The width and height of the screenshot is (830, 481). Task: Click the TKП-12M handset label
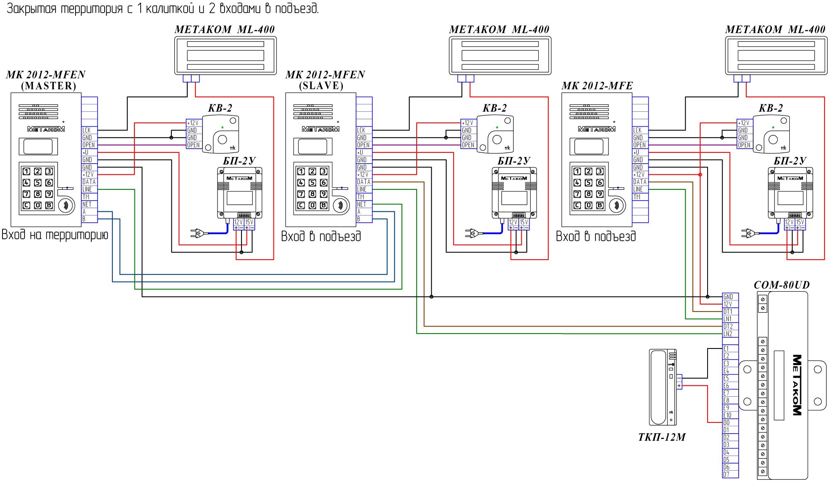coord(662,437)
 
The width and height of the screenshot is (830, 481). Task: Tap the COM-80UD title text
coord(781,285)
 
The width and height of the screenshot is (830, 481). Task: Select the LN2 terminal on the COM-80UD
coord(730,334)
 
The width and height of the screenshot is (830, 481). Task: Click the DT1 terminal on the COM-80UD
coord(730,312)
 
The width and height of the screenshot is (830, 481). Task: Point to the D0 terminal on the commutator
coord(730,423)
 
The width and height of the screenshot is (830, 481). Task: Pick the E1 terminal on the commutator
coord(730,349)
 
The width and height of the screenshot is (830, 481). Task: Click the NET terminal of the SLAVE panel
coord(364,204)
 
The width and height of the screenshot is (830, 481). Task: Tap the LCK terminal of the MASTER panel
coord(89,130)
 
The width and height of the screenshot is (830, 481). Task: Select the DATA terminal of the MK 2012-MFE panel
coord(640,182)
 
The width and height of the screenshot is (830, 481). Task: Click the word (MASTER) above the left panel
coord(49,86)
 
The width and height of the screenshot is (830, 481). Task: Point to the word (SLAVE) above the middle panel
coord(321,86)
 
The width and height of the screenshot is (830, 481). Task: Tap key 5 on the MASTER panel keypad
coord(38,182)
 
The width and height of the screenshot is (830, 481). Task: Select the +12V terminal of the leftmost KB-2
coord(193,123)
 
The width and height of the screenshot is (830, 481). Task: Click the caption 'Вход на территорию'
coord(55,235)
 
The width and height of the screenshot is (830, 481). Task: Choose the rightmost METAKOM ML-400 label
coord(775,29)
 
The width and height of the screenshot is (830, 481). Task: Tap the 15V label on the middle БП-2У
coord(524,222)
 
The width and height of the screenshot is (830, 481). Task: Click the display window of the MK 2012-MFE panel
coord(589,147)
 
